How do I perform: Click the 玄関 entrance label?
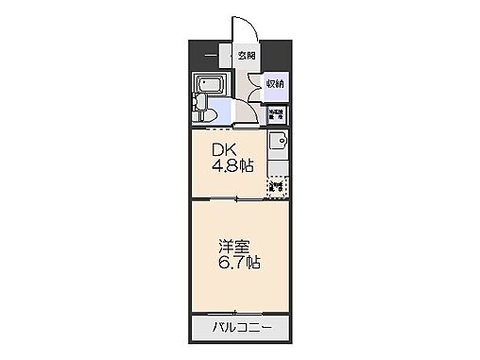pyautogui.click(x=246, y=56)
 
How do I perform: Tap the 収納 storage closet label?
pyautogui.click(x=275, y=83)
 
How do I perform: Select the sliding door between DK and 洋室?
pyautogui.click(x=236, y=199)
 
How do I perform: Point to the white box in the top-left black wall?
pyautogui.click(x=212, y=55)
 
